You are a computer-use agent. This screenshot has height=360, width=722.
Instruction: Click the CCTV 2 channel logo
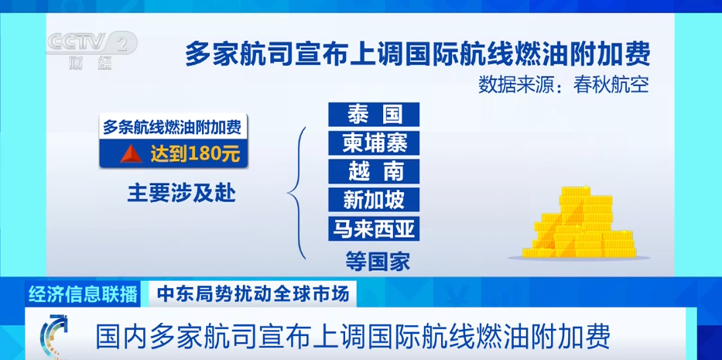click(91, 43)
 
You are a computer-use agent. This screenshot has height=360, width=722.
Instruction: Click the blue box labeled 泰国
click(374, 115)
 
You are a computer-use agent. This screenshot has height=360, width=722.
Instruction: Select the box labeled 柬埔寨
click(374, 142)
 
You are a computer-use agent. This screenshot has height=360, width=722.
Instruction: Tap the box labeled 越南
click(374, 170)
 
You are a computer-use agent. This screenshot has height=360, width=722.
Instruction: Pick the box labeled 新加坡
click(374, 199)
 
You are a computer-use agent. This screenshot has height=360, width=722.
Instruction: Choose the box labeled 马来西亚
click(374, 228)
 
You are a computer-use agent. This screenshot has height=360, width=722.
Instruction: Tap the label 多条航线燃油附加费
click(170, 127)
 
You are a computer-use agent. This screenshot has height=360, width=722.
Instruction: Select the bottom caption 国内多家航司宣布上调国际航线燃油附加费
click(353, 336)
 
